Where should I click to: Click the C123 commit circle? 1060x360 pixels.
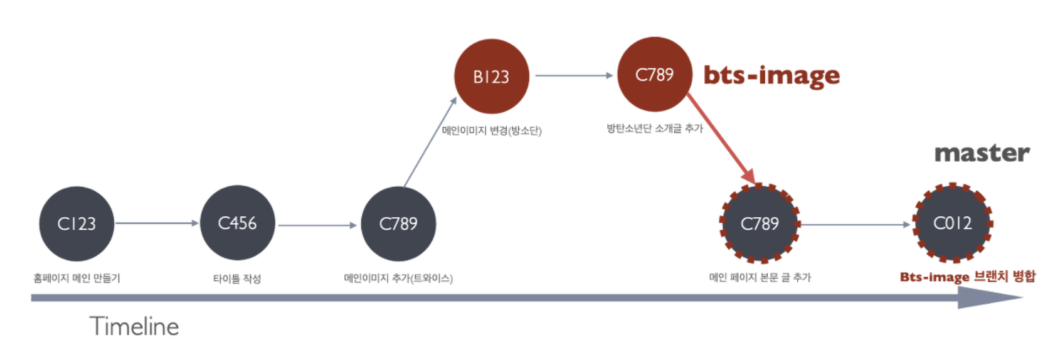click(77, 223)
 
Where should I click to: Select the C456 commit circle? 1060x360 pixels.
click(237, 223)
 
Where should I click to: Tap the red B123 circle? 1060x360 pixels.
click(491, 77)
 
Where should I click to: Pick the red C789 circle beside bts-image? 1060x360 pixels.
click(654, 75)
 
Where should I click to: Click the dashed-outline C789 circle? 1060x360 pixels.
click(760, 223)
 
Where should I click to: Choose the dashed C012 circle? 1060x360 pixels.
click(952, 223)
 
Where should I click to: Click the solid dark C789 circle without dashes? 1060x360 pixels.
click(398, 223)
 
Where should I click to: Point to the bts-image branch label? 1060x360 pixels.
click(771, 75)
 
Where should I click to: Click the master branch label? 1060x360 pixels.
click(982, 152)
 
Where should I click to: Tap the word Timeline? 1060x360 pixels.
click(134, 327)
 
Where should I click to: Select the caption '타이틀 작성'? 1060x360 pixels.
click(237, 278)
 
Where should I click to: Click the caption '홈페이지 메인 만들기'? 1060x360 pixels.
click(77, 278)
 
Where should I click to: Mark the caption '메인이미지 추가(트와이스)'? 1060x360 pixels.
click(398, 278)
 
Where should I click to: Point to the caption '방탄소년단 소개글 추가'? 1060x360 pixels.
click(654, 129)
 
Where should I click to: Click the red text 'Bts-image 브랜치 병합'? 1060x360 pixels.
click(967, 277)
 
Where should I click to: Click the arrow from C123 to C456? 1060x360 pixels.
click(156, 223)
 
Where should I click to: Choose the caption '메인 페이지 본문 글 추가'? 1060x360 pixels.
click(760, 277)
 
